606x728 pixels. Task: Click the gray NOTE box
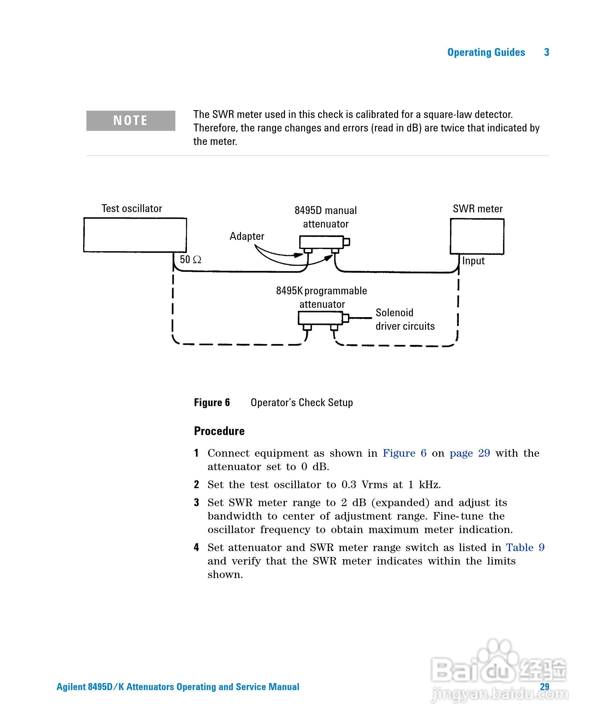[x=130, y=121]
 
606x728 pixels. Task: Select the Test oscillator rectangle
[x=135, y=235]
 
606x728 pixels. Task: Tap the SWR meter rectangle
[x=477, y=236]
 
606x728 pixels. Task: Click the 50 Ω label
[x=190, y=259]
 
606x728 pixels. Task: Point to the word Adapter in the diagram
[x=247, y=236]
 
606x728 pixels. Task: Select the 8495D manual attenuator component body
[x=321, y=242]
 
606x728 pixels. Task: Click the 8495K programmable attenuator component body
[x=320, y=318]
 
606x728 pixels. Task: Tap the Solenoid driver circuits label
[x=405, y=319]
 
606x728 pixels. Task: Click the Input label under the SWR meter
[x=473, y=261]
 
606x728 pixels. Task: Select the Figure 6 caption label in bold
[x=212, y=402]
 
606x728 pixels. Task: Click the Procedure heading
[x=219, y=431]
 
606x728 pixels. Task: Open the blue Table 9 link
[x=525, y=547]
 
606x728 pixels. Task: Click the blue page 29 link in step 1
[x=470, y=453]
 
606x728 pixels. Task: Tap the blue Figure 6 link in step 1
[x=404, y=453]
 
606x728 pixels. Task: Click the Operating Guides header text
[x=486, y=52]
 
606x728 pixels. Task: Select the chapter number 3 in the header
[x=547, y=52]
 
